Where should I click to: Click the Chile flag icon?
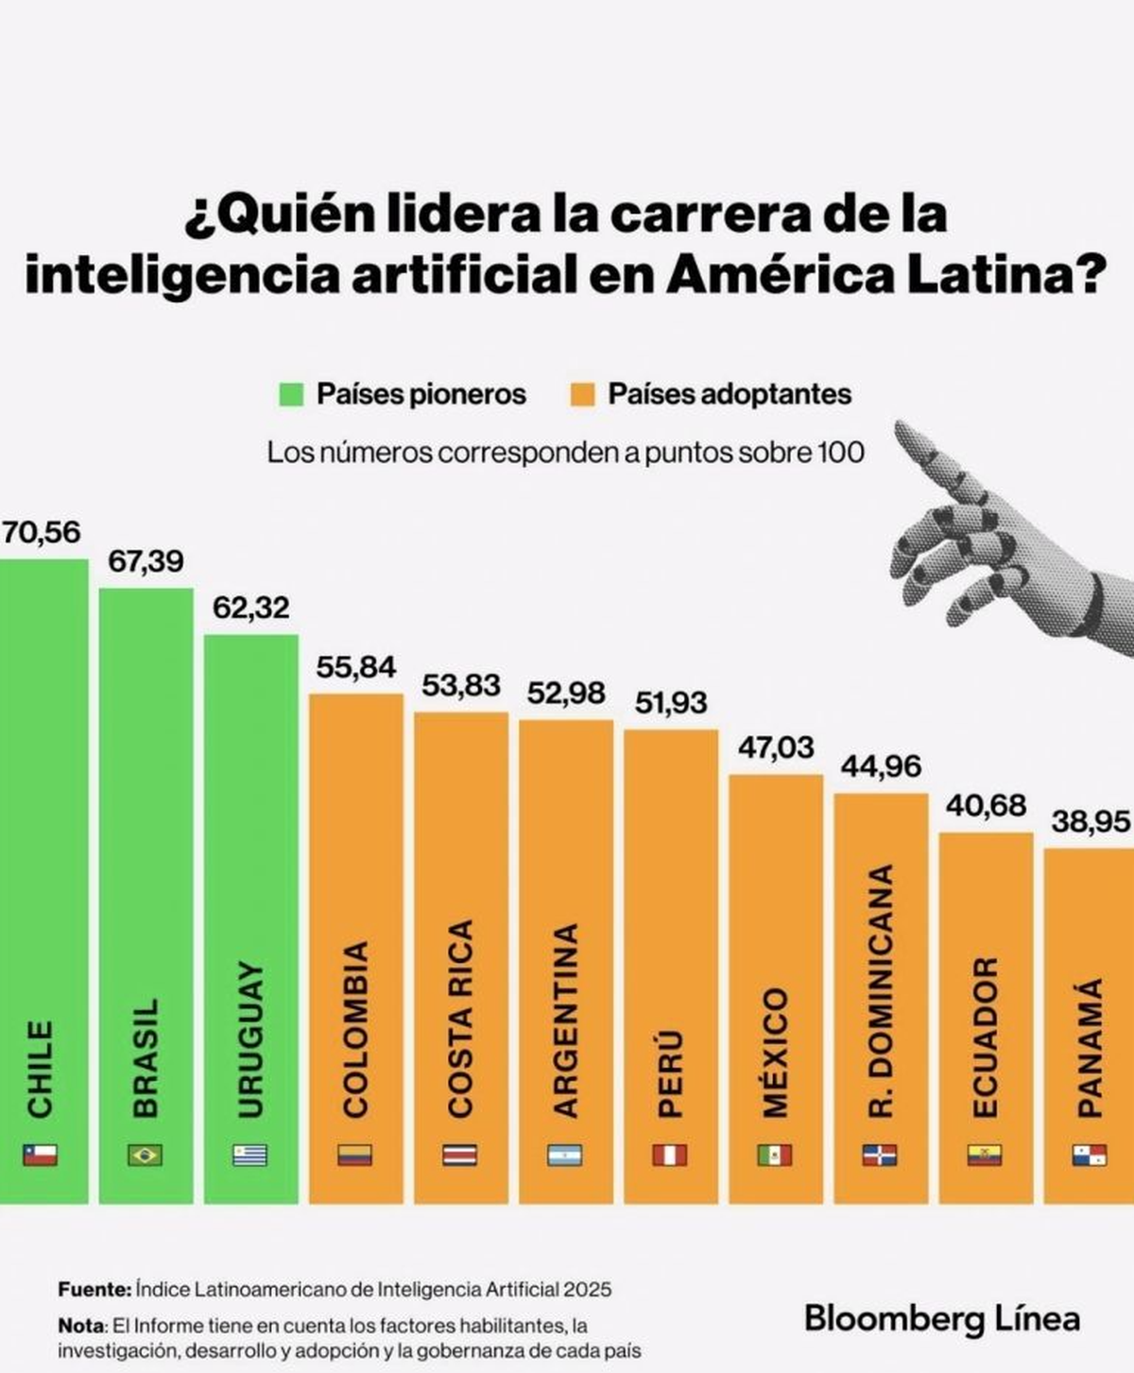click(x=40, y=1155)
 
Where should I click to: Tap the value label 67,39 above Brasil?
click(x=146, y=561)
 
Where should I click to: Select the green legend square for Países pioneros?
click(x=291, y=394)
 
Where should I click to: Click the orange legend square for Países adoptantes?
click(x=583, y=394)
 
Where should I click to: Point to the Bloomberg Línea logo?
click(x=941, y=1318)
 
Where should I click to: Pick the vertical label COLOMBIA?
click(x=355, y=1029)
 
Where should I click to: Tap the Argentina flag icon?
click(x=564, y=1155)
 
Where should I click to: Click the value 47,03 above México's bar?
click(x=775, y=747)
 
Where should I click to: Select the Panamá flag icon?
click(x=1089, y=1155)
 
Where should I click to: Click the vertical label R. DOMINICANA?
click(x=880, y=990)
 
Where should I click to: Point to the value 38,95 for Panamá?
click(x=1091, y=822)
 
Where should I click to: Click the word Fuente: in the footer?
click(x=94, y=1289)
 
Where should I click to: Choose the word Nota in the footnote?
click(x=80, y=1326)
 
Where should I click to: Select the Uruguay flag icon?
click(x=249, y=1155)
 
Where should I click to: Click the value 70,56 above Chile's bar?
click(x=42, y=532)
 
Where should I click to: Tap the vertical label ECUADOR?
click(x=985, y=1037)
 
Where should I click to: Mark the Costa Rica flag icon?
click(x=460, y=1155)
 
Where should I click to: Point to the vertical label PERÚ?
click(x=670, y=1074)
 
